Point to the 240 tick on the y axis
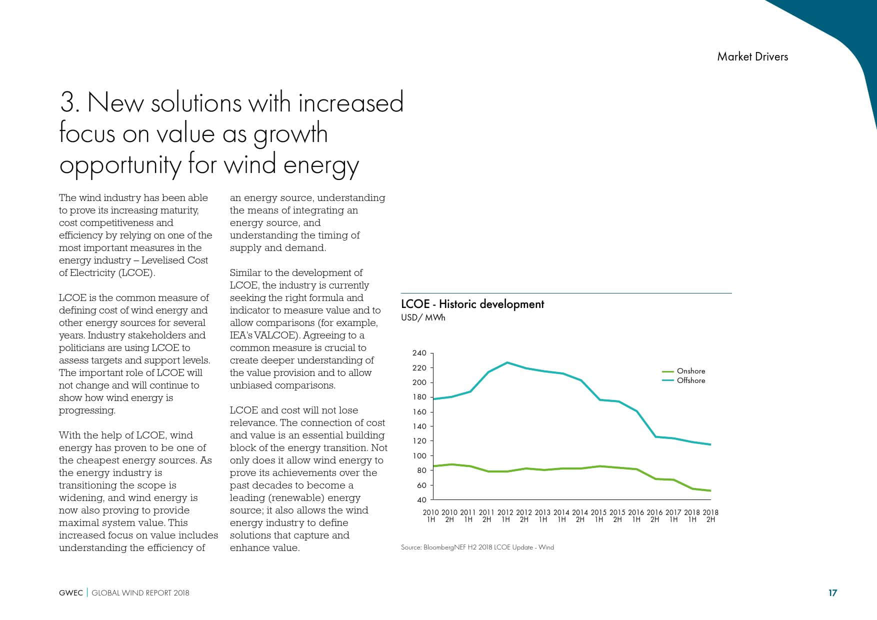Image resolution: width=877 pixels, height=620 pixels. tap(419, 353)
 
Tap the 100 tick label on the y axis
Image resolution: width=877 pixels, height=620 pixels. tap(419, 455)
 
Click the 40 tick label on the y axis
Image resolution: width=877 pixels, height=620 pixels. tap(421, 499)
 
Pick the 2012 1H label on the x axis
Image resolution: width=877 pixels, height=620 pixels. tap(505, 515)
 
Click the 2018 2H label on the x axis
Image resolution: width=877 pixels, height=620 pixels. tap(710, 515)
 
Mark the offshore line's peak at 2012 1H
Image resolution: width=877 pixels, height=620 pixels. tap(507, 362)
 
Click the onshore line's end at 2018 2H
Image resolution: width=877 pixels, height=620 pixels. tap(710, 490)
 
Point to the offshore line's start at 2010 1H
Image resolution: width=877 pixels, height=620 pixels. tap(433, 399)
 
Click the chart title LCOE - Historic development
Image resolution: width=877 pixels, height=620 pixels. tap(472, 304)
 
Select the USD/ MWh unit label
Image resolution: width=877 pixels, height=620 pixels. tap(422, 317)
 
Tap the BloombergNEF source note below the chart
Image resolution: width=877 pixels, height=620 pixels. tap(477, 547)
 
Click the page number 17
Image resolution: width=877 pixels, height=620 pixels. tap(832, 593)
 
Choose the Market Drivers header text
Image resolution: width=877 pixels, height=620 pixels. tap(752, 56)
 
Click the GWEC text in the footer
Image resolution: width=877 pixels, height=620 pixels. tap(70, 593)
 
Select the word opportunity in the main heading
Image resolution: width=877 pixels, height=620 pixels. tap(120, 165)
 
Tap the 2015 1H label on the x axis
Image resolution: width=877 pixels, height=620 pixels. tap(598, 515)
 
